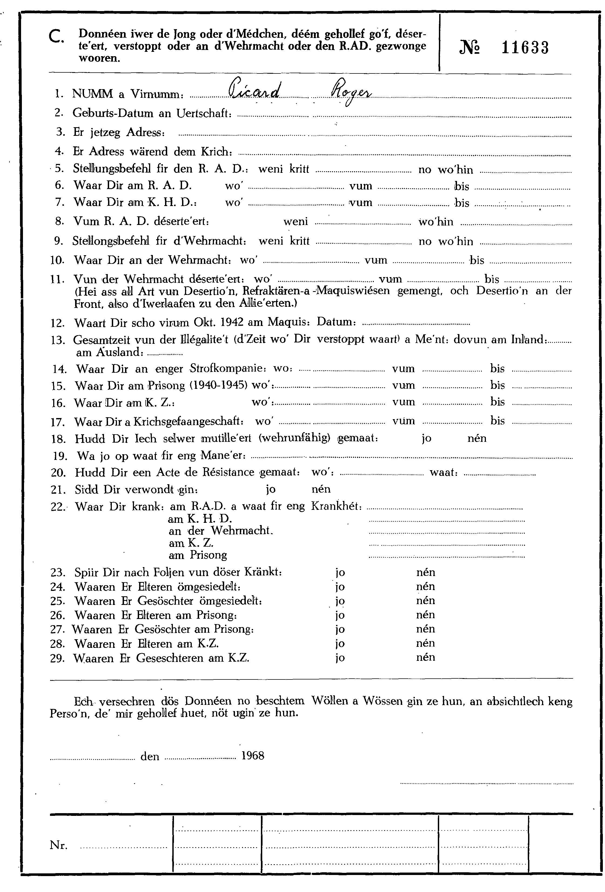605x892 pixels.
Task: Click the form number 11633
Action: pyautogui.click(x=525, y=48)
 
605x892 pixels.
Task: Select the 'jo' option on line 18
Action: pyautogui.click(x=426, y=438)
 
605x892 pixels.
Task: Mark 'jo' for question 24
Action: pyautogui.click(x=340, y=587)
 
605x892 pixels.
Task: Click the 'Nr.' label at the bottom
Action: pyautogui.click(x=58, y=845)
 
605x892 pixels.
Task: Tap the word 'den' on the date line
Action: pyautogui.click(x=150, y=756)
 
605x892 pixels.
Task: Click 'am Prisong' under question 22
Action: pyautogui.click(x=198, y=555)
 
